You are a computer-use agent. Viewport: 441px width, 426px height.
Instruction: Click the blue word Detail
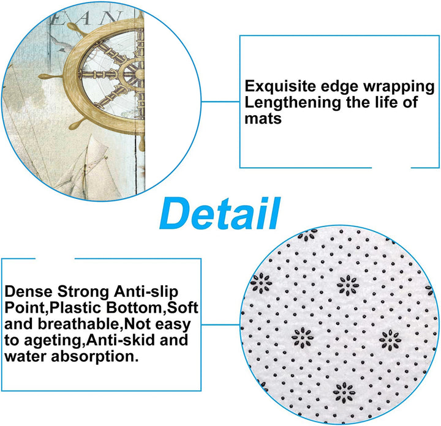pyautogui.click(x=220, y=213)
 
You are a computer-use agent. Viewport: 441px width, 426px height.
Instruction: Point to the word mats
pyautogui.click(x=263, y=118)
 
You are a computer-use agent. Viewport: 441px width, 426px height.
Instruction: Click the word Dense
pyautogui.click(x=29, y=292)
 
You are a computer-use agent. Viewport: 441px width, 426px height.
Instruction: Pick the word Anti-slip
pyautogui.click(x=146, y=292)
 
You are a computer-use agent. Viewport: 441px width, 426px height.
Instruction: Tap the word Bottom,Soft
pyautogui.click(x=152, y=308)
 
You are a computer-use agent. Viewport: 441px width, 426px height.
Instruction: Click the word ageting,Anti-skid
pyautogui.click(x=89, y=341)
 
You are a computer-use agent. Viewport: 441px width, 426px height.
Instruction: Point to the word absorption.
pyautogui.click(x=95, y=357)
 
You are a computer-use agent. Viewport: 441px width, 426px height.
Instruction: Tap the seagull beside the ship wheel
pyautogui.click(x=59, y=43)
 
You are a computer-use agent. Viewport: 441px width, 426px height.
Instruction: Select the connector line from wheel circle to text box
pyautogui.click(x=221, y=102)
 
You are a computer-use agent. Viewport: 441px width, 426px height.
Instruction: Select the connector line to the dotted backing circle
pyautogui.click(x=221, y=325)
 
